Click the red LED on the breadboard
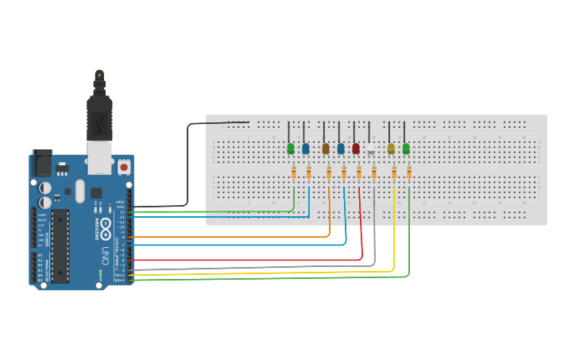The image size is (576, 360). (356, 149)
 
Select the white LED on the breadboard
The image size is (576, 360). (370, 149)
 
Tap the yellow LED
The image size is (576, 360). (391, 149)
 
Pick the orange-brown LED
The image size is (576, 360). (326, 149)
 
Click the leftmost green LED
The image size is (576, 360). (291, 149)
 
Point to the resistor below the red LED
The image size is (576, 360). (359, 172)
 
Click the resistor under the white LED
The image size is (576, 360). (374, 172)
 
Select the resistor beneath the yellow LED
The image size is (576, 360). (394, 172)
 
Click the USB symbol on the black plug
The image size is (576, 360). (99, 122)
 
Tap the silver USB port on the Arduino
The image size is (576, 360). (99, 160)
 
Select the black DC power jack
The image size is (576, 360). (41, 163)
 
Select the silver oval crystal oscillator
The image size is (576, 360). (79, 191)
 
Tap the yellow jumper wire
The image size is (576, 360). (262, 273)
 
